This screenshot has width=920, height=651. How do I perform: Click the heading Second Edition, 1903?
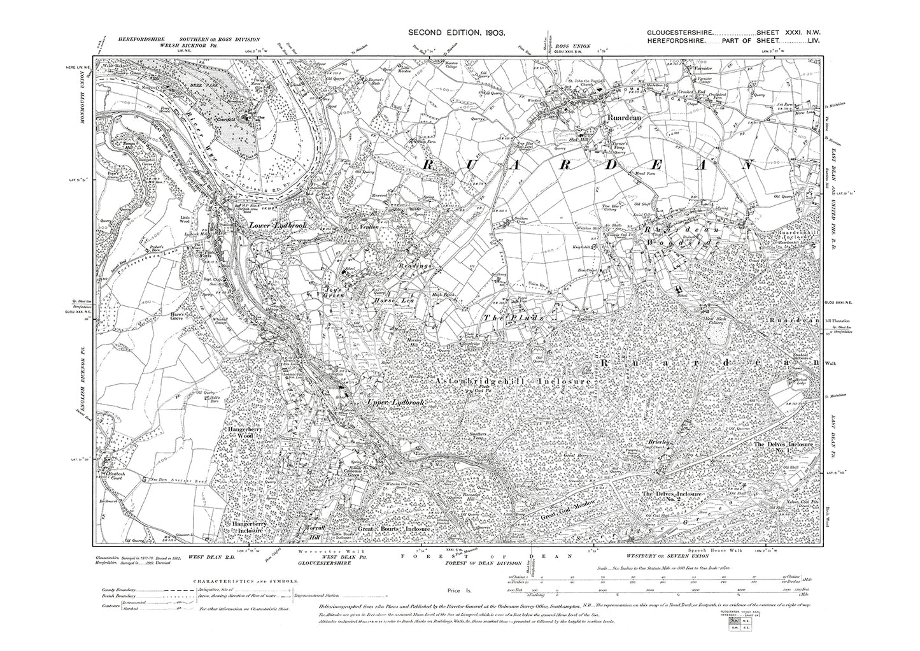point(456,32)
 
